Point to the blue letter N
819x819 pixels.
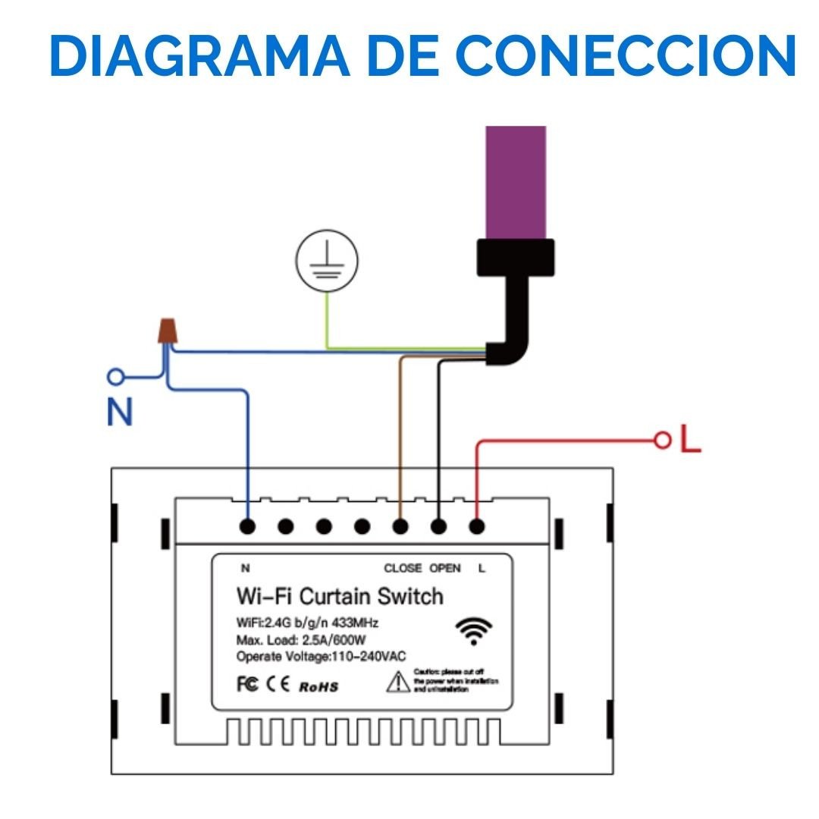tap(120, 412)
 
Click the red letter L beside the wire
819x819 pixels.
tap(689, 439)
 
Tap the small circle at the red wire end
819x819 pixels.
tap(663, 440)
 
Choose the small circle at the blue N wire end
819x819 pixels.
tap(116, 375)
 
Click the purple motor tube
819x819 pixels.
tap(516, 182)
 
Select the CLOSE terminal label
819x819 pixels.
tap(403, 568)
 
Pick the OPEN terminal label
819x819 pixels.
tap(445, 568)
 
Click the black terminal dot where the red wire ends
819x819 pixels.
tap(476, 526)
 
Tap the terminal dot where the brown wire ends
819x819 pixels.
tap(400, 526)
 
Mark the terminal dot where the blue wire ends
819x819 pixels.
tap(247, 526)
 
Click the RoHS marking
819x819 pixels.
tap(318, 687)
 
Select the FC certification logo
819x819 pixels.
tap(248, 685)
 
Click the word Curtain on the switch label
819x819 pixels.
tap(335, 596)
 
